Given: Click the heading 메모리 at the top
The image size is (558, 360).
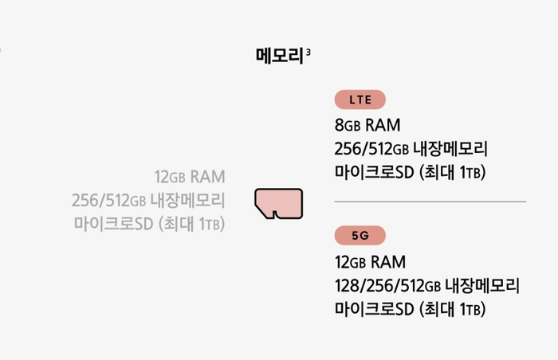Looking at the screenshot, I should click(x=280, y=56).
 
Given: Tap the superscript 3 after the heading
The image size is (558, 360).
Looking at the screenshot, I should click(x=308, y=52).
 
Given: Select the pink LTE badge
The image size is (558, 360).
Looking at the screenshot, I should click(x=360, y=100).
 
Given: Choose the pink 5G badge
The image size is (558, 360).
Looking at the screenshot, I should click(x=360, y=235).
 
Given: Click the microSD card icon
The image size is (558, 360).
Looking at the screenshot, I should click(x=278, y=203).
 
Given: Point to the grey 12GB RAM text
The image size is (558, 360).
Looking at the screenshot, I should click(x=190, y=176).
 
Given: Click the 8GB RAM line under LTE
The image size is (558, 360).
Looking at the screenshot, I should click(x=367, y=125).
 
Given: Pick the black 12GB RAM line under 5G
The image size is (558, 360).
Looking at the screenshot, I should click(x=371, y=262).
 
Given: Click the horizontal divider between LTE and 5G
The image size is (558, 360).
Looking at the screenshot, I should click(x=430, y=202).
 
